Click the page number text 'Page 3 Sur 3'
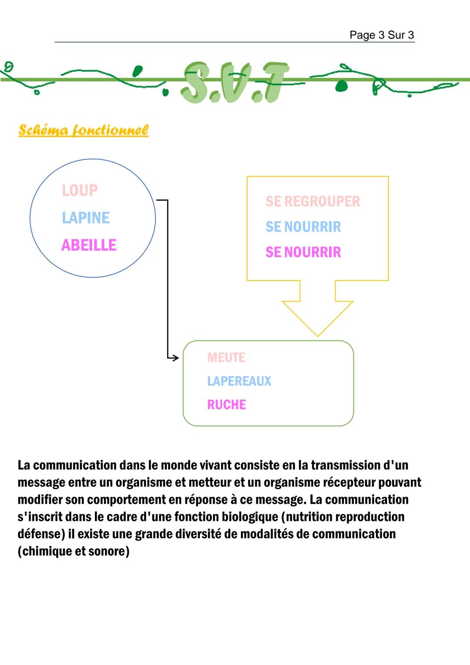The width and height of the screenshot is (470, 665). (x=382, y=35)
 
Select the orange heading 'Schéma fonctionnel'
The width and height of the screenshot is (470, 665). (x=83, y=130)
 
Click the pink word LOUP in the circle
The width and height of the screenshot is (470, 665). (x=80, y=190)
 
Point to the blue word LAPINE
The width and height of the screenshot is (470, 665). (x=86, y=218)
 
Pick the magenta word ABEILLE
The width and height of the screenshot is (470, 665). (x=89, y=245)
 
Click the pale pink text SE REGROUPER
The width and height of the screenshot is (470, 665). (x=313, y=201)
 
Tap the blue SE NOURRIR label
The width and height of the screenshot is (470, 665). (x=303, y=227)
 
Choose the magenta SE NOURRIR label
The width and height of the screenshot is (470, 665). (x=303, y=252)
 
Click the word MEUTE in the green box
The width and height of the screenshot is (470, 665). (x=226, y=358)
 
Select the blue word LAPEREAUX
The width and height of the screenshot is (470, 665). (x=239, y=381)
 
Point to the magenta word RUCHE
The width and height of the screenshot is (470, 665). (x=226, y=405)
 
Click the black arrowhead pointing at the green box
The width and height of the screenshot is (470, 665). (x=175, y=358)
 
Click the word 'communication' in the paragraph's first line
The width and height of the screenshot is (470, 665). (x=75, y=465)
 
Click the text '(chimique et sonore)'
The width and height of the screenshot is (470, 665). (x=74, y=551)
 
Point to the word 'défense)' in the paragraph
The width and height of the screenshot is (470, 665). (x=41, y=534)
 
